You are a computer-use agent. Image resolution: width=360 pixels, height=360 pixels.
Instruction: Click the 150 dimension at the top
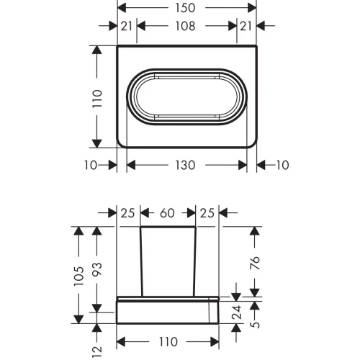click(x=185, y=8)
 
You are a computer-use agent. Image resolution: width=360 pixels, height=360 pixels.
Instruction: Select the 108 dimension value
click(x=185, y=26)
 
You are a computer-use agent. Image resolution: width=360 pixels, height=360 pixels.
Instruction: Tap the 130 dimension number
click(x=185, y=165)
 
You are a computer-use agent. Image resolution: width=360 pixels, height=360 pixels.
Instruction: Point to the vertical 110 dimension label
click(x=98, y=99)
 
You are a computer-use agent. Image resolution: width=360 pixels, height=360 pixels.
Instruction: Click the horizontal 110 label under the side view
click(x=168, y=342)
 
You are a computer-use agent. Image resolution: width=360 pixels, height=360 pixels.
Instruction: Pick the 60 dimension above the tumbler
click(x=167, y=213)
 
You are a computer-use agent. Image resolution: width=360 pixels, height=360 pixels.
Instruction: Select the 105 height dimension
click(x=79, y=276)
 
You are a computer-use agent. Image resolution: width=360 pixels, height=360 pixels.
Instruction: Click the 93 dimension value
click(x=97, y=270)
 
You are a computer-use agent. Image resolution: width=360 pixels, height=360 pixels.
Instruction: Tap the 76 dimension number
click(x=255, y=263)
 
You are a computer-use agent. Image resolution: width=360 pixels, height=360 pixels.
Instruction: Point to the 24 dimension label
click(x=237, y=312)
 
